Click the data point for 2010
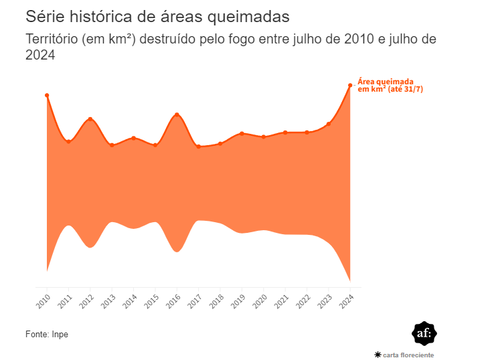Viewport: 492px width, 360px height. click(47, 96)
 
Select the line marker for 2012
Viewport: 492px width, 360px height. click(90, 119)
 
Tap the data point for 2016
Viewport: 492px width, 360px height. click(177, 114)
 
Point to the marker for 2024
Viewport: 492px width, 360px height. click(350, 85)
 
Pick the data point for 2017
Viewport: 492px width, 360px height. click(199, 147)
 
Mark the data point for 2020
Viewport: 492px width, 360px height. click(264, 137)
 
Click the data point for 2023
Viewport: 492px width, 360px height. click(329, 124)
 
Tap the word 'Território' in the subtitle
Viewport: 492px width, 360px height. click(51, 39)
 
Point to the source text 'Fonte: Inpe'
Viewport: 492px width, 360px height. click(47, 334)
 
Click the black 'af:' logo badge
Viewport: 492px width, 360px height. click(424, 333)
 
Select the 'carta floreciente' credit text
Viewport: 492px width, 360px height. click(408, 355)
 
